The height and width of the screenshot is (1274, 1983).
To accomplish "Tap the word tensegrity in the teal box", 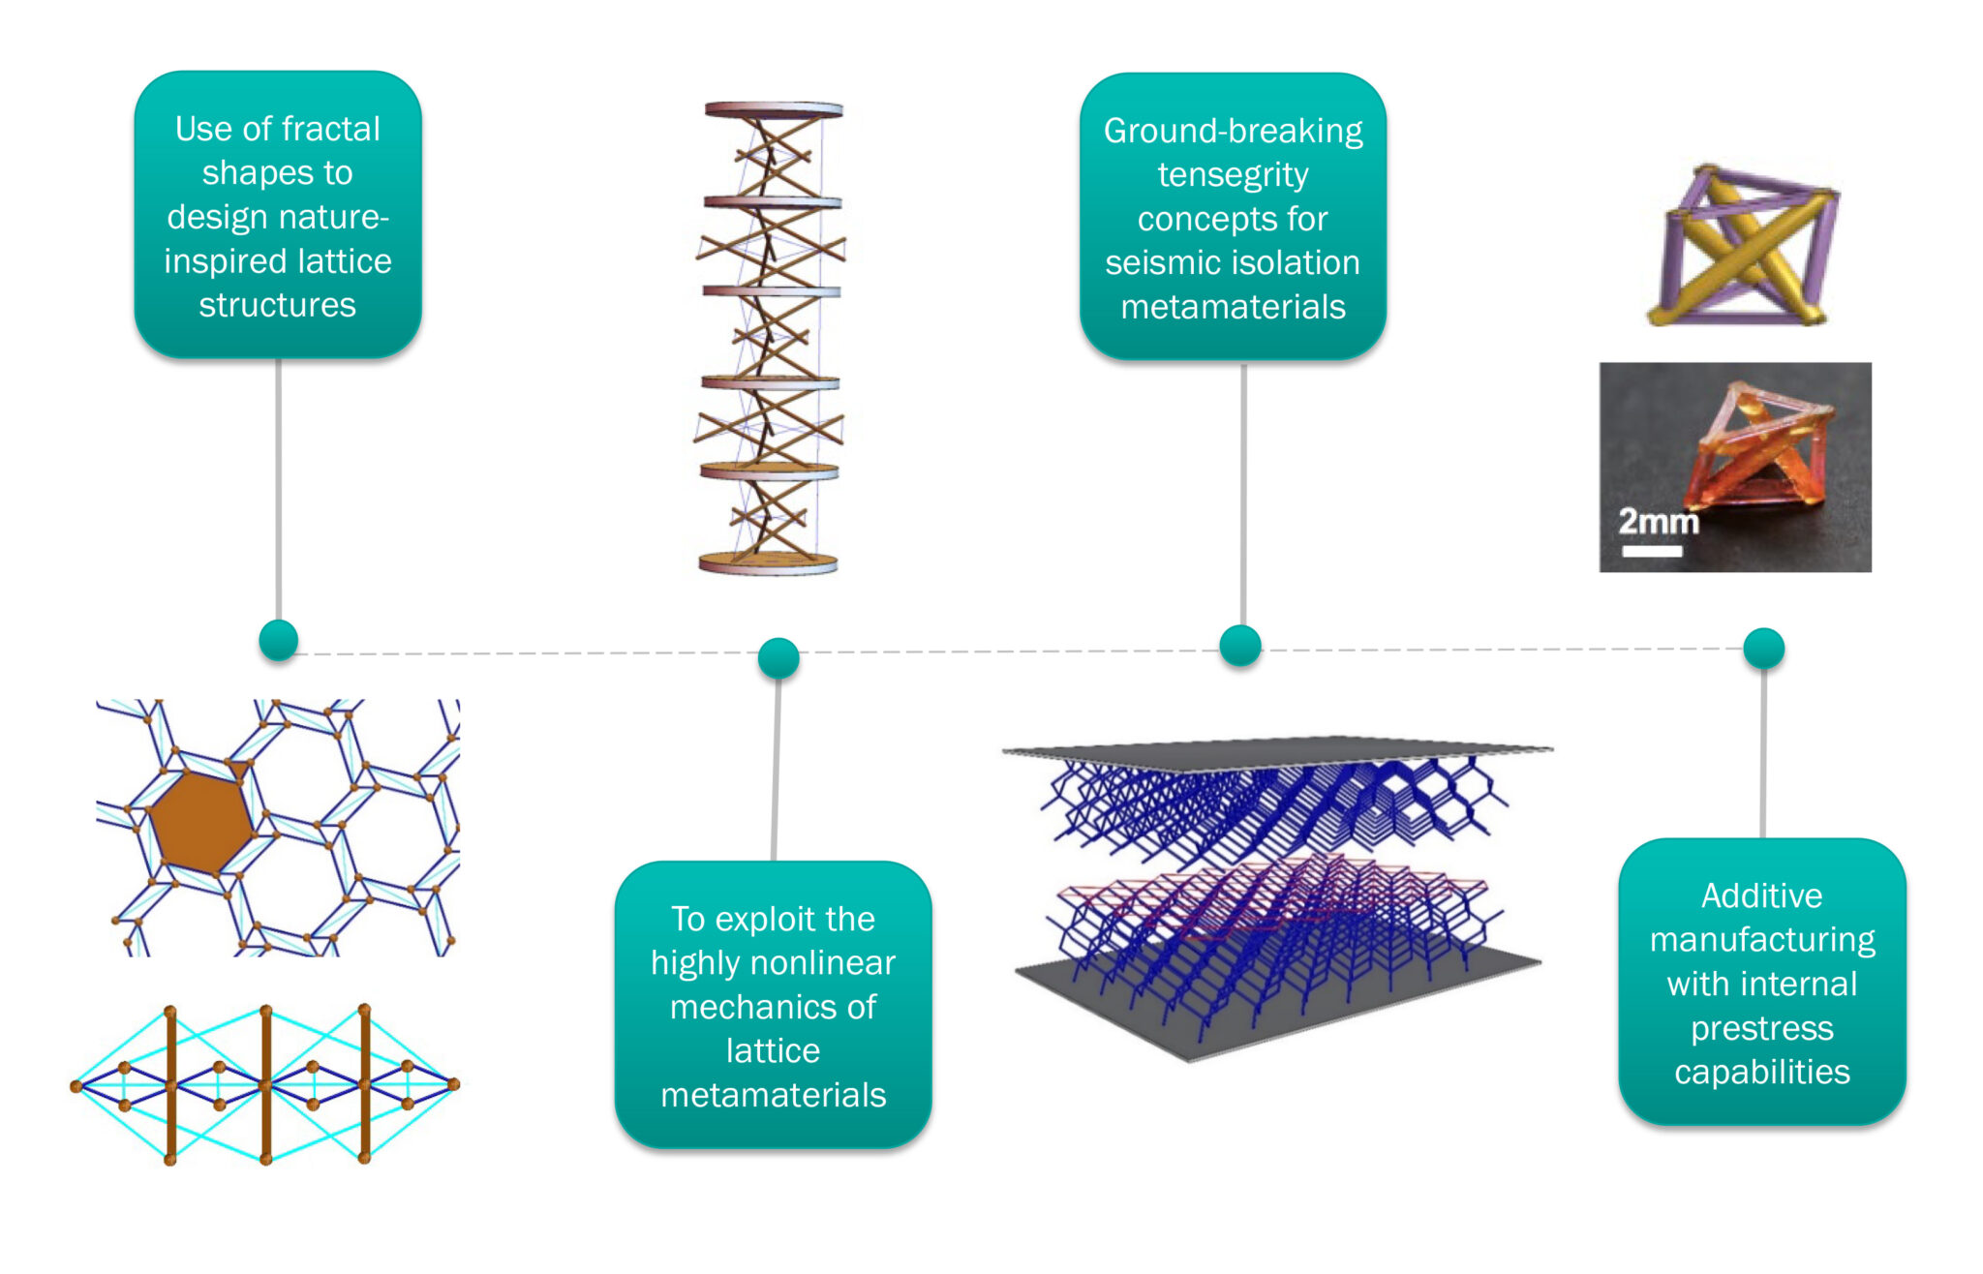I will tap(1233, 175).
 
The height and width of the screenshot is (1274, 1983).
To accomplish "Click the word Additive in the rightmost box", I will tap(1761, 895).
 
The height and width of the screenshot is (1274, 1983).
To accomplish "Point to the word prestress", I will tap(1761, 1028).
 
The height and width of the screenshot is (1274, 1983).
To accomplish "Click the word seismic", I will tap(1161, 263).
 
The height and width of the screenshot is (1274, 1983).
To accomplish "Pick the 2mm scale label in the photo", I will tap(1658, 521).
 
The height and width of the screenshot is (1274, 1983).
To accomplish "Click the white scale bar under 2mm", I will tap(1652, 552).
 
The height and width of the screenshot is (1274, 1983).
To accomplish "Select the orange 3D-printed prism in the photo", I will tap(1762, 450).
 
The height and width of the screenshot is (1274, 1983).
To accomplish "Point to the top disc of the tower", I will tap(773, 110).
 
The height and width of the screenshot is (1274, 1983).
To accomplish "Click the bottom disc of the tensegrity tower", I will tap(768, 562).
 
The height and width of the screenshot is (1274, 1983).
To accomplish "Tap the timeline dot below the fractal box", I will tap(279, 640).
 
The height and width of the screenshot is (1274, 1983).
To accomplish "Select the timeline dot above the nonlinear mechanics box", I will tap(778, 658).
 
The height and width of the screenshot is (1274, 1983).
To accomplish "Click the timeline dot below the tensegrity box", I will tap(1240, 646).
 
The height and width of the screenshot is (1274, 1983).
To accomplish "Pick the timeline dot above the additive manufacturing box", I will tap(1763, 648).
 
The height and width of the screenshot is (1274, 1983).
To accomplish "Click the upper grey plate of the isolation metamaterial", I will tap(1278, 748).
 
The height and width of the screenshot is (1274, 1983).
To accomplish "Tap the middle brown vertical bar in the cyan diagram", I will tap(266, 1084).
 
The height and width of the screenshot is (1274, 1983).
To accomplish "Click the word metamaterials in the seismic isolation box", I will tap(1233, 307).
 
